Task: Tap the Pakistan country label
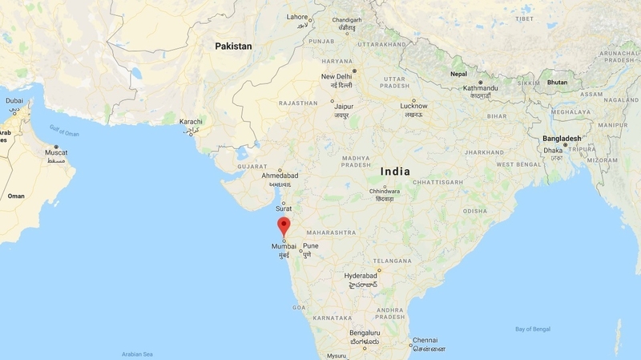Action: pos(233,47)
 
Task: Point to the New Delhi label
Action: pos(337,77)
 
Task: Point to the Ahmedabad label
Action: pos(280,174)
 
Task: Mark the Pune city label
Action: pos(310,246)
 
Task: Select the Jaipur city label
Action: pos(345,105)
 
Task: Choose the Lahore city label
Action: pos(297,16)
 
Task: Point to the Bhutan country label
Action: pos(556,83)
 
